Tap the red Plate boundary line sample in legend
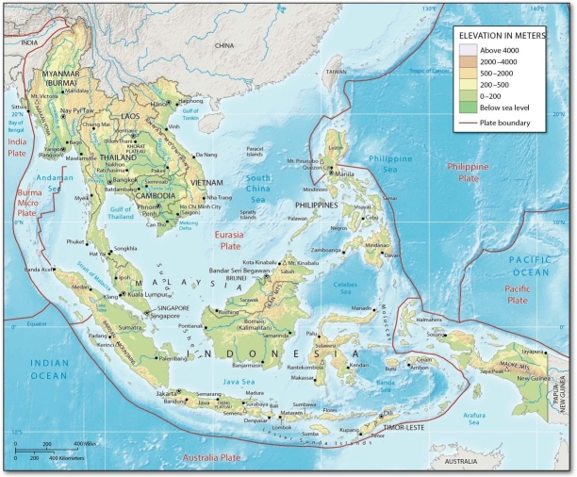click(x=469, y=123)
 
